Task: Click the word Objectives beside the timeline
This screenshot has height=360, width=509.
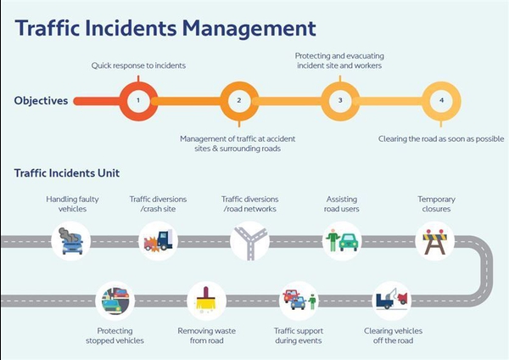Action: coord(41,101)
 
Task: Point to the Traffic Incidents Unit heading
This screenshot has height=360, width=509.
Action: coord(67,173)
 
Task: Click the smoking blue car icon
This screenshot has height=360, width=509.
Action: coord(71,241)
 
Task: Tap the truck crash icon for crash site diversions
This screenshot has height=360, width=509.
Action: coord(158,241)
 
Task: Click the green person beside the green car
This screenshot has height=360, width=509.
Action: coord(332,240)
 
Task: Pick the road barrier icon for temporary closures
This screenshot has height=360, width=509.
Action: coord(434,242)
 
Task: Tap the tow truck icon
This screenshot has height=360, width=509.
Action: coord(392,299)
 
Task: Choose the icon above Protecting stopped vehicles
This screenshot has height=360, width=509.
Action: coord(115,301)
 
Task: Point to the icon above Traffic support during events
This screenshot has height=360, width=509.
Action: coord(299,300)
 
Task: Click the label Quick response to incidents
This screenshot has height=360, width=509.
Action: coord(138,65)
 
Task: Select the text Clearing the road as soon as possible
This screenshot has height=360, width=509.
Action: coord(441,139)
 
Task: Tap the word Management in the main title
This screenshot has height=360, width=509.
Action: coord(249,29)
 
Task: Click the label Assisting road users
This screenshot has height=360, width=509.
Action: coord(342,204)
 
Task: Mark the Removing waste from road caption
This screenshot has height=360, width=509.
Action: coord(206,335)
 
